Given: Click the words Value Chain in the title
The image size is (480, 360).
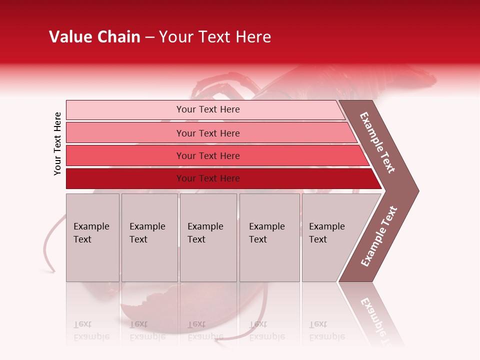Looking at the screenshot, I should (94, 37).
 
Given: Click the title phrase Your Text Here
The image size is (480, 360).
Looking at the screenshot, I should (215, 37).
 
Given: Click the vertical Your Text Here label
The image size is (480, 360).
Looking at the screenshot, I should (57, 143).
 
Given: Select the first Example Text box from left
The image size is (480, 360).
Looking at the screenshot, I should (92, 237).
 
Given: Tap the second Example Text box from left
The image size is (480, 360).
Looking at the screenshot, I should (149, 237).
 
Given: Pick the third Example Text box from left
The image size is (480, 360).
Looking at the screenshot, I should (208, 237).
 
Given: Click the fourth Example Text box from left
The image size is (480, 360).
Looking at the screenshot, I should (269, 237).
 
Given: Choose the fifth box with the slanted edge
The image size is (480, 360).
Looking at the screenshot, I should (330, 237).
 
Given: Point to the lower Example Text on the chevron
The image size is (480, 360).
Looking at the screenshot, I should (379, 236).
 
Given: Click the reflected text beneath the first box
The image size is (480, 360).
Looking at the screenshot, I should (91, 330).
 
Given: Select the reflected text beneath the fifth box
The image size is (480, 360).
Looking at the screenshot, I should (326, 330).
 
